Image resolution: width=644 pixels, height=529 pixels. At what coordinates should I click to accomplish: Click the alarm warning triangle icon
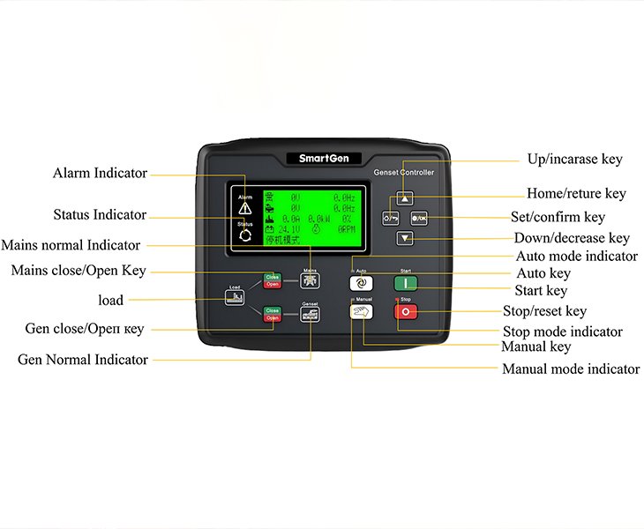click(245, 208)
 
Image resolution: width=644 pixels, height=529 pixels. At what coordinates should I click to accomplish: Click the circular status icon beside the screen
click(245, 236)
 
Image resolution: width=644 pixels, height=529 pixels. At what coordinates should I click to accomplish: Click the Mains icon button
click(310, 281)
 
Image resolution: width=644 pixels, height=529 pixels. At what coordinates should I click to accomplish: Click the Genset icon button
click(310, 313)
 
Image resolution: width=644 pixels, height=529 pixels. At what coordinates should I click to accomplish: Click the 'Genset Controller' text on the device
click(404, 173)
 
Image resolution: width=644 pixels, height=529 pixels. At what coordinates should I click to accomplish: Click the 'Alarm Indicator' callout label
click(100, 174)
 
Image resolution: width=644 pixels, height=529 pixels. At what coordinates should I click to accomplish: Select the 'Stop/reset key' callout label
click(544, 311)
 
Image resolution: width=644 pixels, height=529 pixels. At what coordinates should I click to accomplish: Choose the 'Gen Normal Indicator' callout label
click(83, 360)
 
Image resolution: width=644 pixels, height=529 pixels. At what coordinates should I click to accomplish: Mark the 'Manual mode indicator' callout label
click(571, 369)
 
